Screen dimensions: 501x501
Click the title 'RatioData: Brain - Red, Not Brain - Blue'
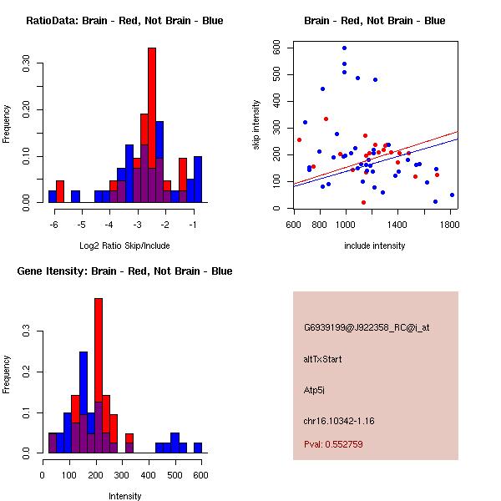124,21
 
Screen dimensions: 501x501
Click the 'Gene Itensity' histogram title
124,271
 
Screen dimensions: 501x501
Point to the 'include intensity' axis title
375,245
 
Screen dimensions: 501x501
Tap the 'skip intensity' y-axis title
256,124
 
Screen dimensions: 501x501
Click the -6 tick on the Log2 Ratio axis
53,225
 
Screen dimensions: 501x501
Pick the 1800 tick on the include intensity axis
451,225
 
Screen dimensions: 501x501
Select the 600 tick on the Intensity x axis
200,476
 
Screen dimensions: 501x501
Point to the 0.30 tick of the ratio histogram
27,64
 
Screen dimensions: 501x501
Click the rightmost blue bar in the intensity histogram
198,448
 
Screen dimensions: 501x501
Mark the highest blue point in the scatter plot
344,48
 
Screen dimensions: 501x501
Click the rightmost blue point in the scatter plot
452,195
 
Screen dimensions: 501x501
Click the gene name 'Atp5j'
314,390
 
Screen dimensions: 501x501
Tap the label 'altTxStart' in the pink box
323,359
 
